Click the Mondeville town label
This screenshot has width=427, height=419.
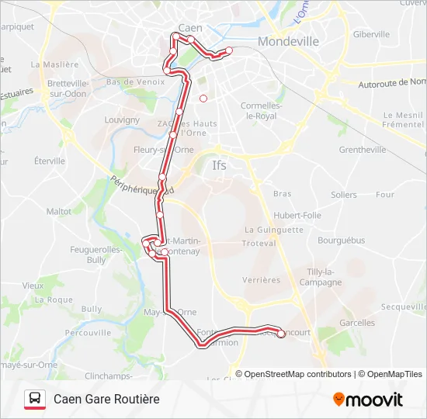[x=288, y=41]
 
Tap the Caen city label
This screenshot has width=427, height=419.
[x=190, y=28]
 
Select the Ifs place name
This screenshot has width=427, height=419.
[x=220, y=164]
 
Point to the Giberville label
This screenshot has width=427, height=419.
[x=371, y=34]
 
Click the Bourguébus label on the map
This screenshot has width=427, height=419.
[x=341, y=241]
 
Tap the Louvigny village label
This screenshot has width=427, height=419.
[x=122, y=120]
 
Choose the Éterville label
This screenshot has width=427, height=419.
[x=50, y=161]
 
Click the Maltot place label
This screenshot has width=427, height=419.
[x=58, y=211]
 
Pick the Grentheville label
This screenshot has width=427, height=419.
[x=363, y=150]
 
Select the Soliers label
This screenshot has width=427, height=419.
[x=343, y=195]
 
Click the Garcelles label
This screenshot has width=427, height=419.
[x=357, y=323]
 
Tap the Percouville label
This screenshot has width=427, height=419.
[x=88, y=332]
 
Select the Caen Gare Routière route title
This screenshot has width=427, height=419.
[x=106, y=399]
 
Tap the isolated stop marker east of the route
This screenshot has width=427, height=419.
[x=203, y=99]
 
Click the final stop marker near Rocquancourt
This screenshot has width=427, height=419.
[x=281, y=334]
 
